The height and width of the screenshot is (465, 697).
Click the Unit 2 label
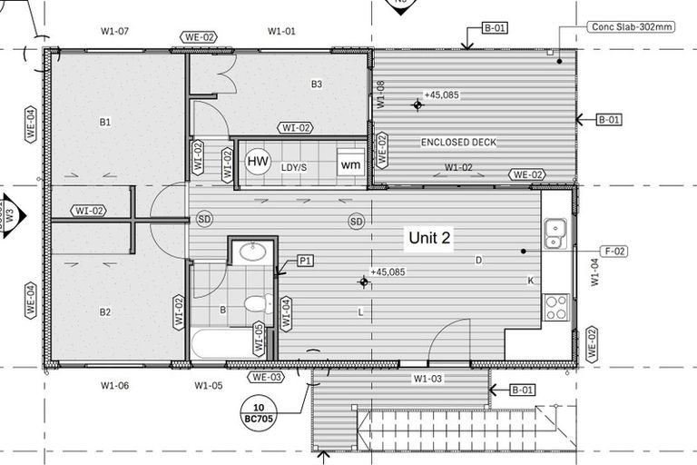tap(430, 238)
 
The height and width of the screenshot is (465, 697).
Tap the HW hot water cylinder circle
tap(258, 162)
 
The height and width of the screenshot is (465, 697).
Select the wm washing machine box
tap(351, 164)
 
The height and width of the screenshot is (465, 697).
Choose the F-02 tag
tap(614, 251)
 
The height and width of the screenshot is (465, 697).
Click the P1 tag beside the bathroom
tap(306, 261)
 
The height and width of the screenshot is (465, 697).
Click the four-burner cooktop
tap(555, 307)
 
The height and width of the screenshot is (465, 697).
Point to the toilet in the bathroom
tap(257, 304)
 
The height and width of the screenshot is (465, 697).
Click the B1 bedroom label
tap(104, 122)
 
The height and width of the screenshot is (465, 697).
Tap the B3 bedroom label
tap(317, 84)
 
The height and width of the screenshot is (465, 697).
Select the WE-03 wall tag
tap(269, 376)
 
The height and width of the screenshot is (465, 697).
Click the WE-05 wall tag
tap(259, 338)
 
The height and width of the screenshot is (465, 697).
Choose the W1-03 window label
tap(427, 378)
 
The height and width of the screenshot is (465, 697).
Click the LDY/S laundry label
tap(294, 168)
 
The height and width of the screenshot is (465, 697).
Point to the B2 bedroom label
tap(104, 312)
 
